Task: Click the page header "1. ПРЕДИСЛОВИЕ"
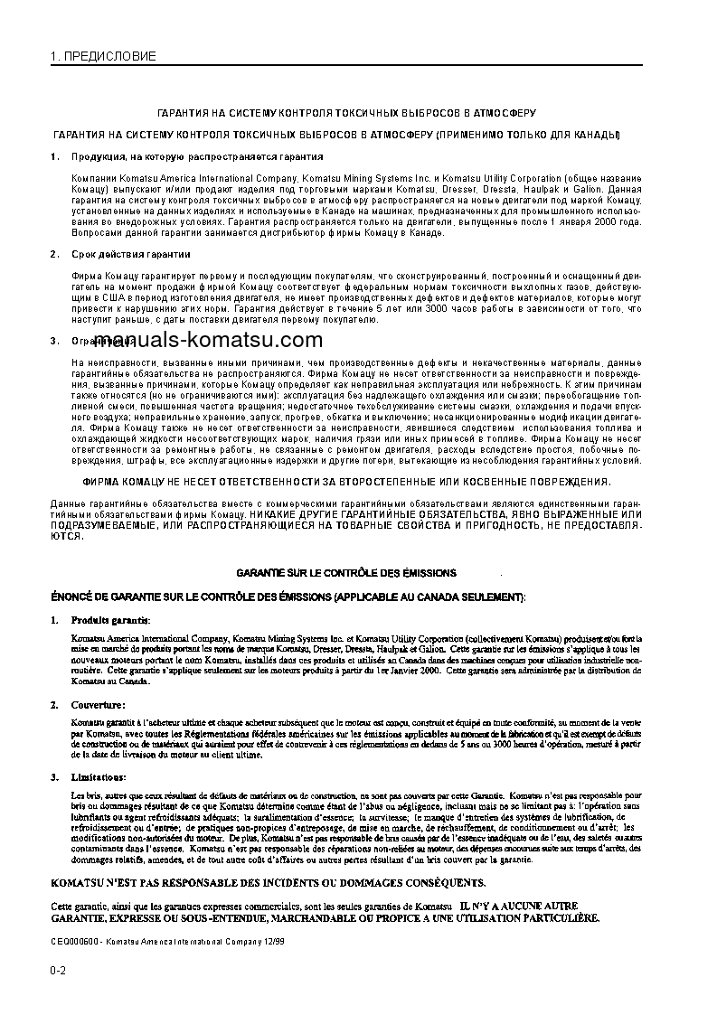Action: [x=103, y=56]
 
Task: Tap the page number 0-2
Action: [x=58, y=971]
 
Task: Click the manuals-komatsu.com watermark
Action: [x=208, y=340]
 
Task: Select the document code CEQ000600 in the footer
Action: [x=74, y=941]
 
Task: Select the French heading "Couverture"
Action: [x=99, y=704]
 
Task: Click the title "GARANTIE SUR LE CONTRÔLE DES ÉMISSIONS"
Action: [x=346, y=573]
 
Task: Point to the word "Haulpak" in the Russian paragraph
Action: [x=522, y=191]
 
